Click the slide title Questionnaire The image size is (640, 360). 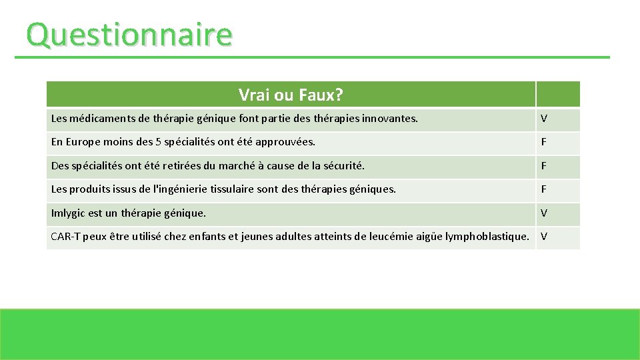tap(129, 35)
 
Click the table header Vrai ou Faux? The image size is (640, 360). tap(291, 95)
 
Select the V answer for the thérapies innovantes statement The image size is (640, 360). tap(544, 119)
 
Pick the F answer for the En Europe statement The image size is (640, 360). tap(544, 142)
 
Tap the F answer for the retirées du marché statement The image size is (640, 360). tap(544, 165)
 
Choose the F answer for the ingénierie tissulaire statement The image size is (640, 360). tap(544, 189)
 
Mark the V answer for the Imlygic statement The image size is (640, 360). tap(544, 213)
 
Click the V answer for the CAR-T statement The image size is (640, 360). tap(544, 237)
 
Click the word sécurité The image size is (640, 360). tap(343, 166)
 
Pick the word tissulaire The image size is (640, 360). tap(231, 189)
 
